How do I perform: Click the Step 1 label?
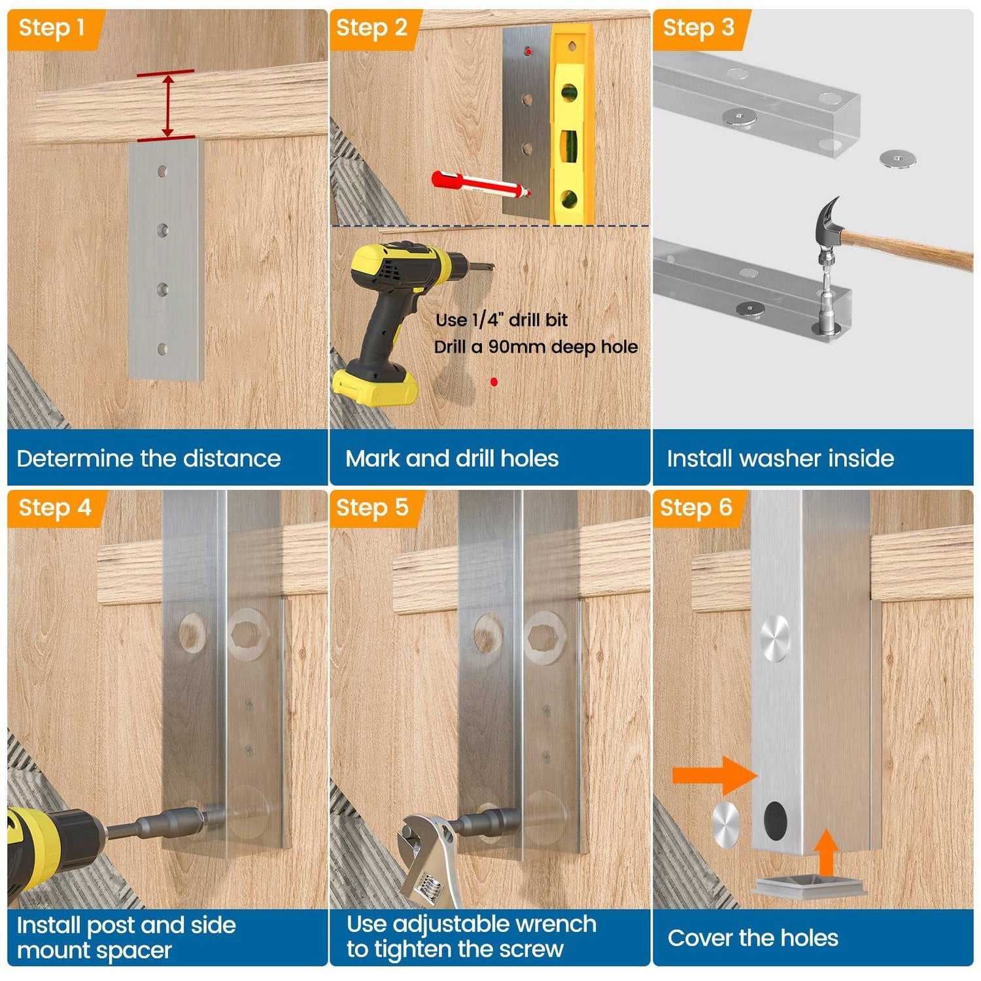52,28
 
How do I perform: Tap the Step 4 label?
54,508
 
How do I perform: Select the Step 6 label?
696,508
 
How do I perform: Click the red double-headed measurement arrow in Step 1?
167,105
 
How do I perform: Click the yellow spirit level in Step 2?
571,124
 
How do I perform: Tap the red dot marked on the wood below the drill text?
494,381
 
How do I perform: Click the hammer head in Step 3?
828,223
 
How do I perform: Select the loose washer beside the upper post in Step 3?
897,158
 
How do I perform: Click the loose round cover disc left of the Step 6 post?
725,824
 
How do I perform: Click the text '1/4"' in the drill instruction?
488,320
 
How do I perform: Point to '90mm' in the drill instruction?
517,347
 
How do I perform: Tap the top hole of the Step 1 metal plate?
162,171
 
